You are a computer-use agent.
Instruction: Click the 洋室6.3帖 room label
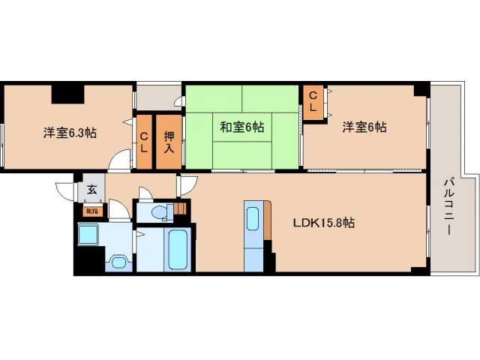[x=69, y=133]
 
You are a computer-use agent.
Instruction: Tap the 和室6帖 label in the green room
[x=241, y=127]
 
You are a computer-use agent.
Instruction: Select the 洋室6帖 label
[x=364, y=127]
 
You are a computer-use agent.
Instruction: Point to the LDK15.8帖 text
[x=323, y=223]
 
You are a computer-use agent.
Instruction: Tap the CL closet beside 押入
[x=143, y=142]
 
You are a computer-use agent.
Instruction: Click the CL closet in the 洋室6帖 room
[x=314, y=102]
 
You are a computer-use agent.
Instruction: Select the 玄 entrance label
[x=91, y=190]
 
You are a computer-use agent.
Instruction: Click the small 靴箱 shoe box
[x=91, y=211]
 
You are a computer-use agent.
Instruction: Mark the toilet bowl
[x=157, y=214]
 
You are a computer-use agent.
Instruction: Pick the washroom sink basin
[x=117, y=262]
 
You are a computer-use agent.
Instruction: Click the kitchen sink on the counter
[x=253, y=219]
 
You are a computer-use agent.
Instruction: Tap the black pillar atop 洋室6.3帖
[x=67, y=94]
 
